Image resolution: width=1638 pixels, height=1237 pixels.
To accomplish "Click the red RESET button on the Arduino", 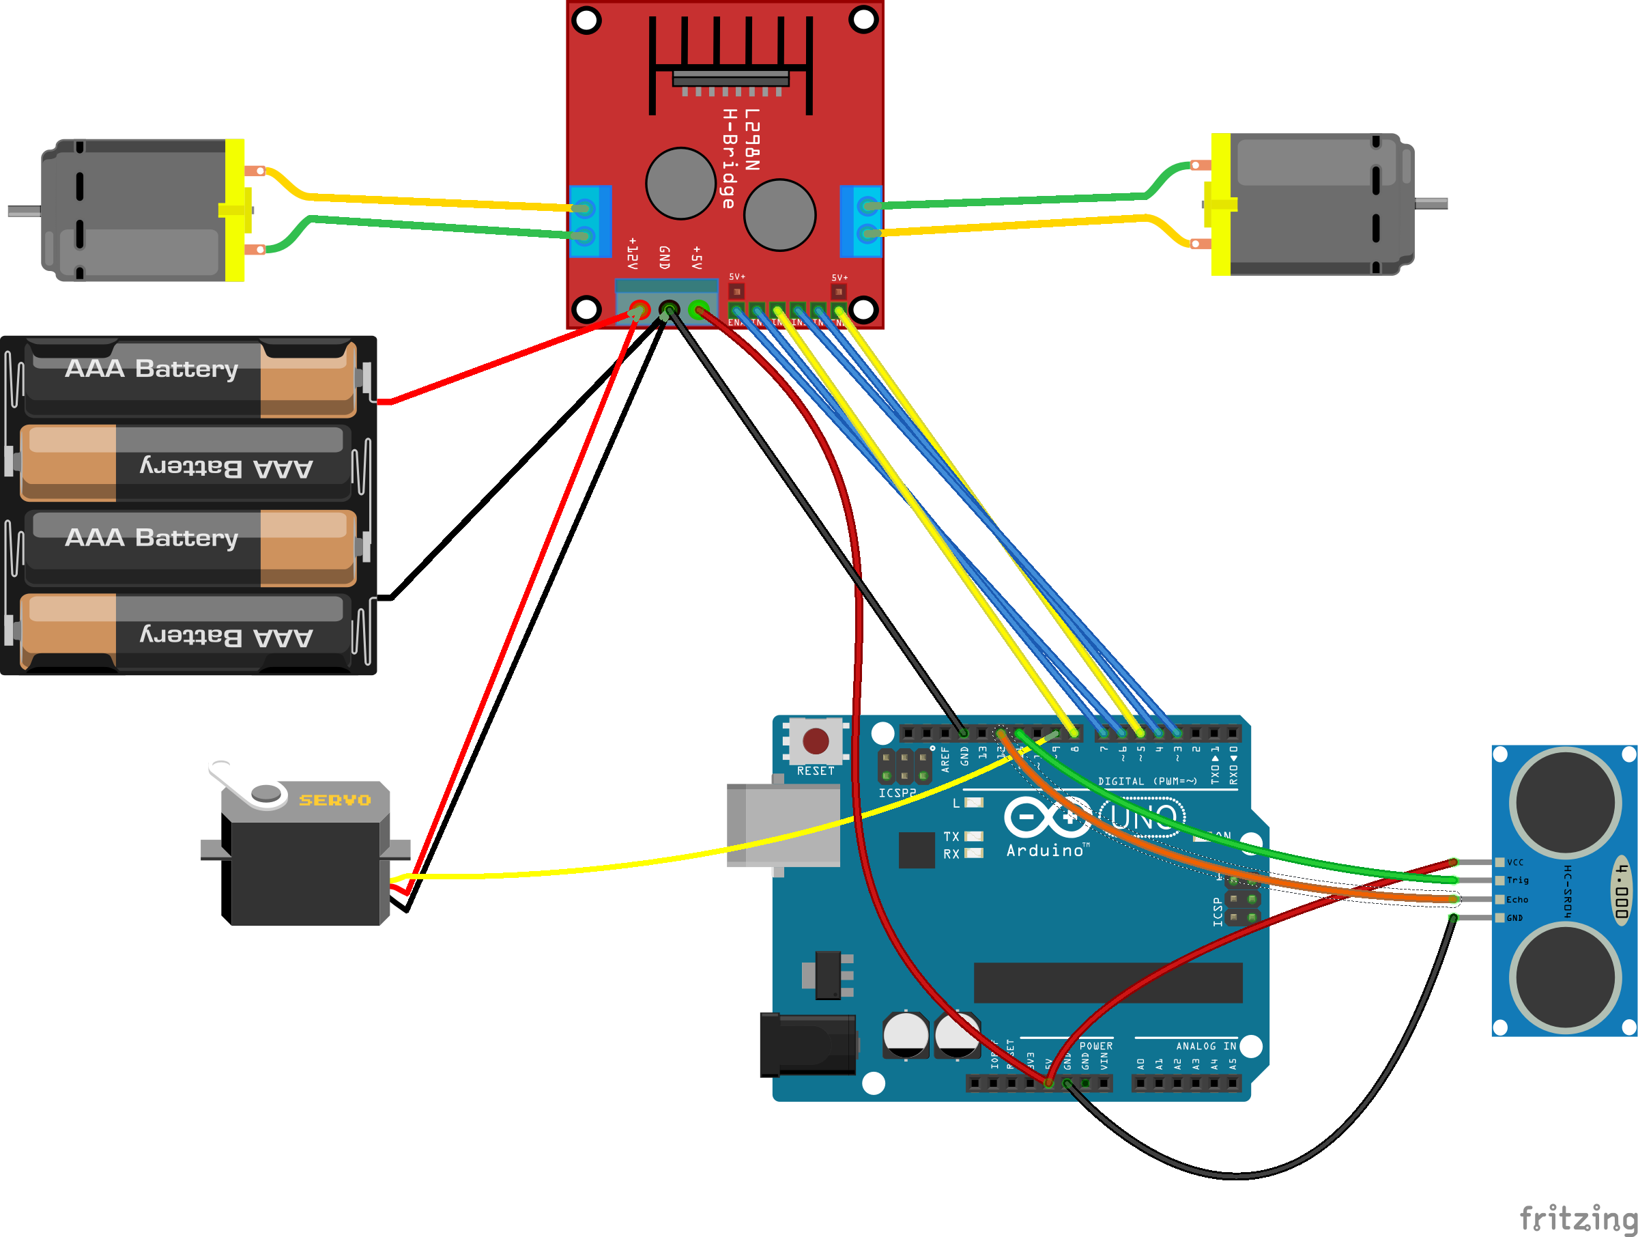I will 816,741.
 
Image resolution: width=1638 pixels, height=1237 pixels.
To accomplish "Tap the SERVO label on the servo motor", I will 334,800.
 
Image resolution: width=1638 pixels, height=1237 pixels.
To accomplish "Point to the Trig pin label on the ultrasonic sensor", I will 1517,880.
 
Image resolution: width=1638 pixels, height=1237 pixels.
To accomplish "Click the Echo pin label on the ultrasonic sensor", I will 1517,899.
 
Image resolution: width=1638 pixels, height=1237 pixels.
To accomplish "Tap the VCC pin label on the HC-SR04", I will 1515,862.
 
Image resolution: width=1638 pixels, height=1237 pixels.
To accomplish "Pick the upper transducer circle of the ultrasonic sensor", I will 1566,803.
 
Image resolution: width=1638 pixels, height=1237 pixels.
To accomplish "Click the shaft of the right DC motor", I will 1431,203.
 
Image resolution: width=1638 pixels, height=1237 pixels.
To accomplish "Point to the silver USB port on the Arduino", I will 784,825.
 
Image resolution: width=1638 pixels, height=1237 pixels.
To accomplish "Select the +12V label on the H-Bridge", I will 633,253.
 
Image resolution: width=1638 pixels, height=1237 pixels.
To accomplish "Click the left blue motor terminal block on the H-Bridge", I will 590,221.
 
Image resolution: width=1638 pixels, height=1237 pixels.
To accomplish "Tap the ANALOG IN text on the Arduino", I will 1205,1046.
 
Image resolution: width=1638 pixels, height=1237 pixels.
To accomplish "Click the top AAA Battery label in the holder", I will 152,368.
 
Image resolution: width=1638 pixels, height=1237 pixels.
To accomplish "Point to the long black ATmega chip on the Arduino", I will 1108,982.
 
